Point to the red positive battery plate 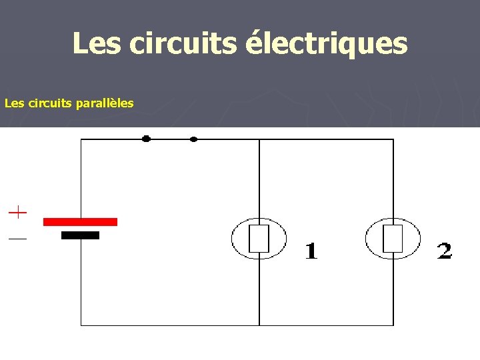coord(80,221)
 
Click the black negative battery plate coord(80,235)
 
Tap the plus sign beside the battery coord(18,213)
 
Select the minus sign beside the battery coord(18,238)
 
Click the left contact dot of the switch coord(146,139)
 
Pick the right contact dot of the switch coord(193,139)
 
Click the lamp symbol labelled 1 coord(259,239)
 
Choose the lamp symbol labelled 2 coord(393,239)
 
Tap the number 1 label coord(311,251)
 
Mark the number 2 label coord(444,251)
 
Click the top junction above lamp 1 coord(259,139)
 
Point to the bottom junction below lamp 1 coord(259,325)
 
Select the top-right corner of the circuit coord(393,139)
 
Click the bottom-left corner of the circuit coord(81,325)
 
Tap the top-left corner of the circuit coord(81,139)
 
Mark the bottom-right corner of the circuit coord(393,325)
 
